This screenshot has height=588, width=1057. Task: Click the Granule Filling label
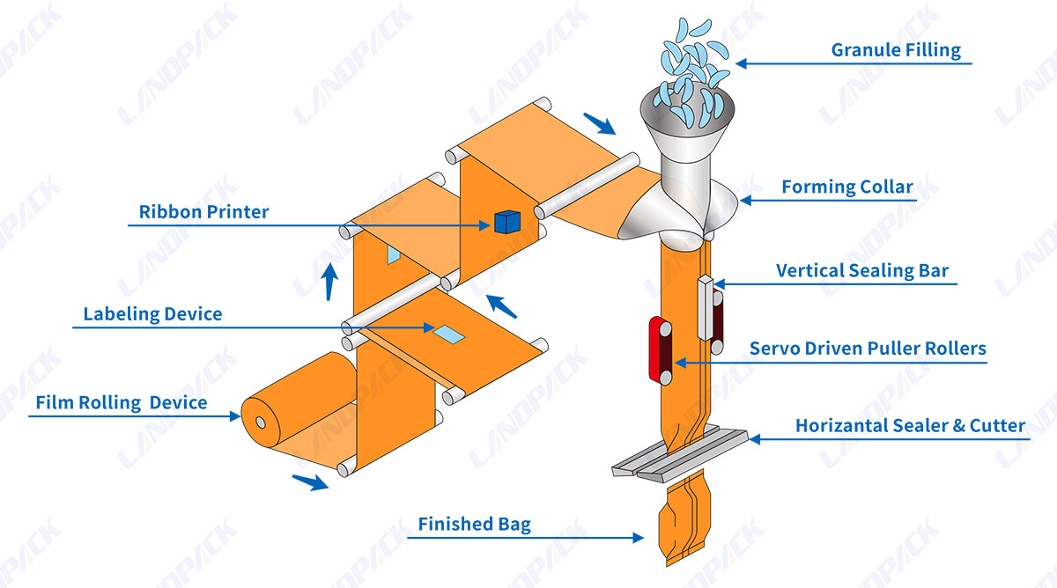pyautogui.click(x=896, y=50)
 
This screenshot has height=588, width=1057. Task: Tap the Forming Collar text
pyautogui.click(x=847, y=187)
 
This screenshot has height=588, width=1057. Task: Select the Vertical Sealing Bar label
pyautogui.click(x=862, y=270)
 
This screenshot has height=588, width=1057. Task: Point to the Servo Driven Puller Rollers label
pyautogui.click(x=868, y=349)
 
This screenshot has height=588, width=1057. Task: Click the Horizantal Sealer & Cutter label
pyautogui.click(x=910, y=426)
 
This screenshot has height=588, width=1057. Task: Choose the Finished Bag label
pyautogui.click(x=474, y=525)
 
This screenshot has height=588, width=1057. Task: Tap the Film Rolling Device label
pyautogui.click(x=122, y=403)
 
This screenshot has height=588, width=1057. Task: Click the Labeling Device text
pyautogui.click(x=152, y=314)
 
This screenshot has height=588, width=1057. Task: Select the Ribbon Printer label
pyautogui.click(x=203, y=212)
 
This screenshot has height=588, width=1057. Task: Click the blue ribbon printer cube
pyautogui.click(x=507, y=222)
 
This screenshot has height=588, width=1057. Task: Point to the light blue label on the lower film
pyautogui.click(x=448, y=334)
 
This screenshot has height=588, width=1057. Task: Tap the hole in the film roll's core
pyautogui.click(x=261, y=423)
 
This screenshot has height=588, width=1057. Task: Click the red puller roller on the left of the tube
pyautogui.click(x=660, y=350)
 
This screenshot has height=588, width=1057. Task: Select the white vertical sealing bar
pyautogui.click(x=706, y=307)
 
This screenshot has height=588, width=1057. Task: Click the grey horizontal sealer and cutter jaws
pyautogui.click(x=680, y=454)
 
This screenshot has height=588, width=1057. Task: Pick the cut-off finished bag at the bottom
pyautogui.click(x=684, y=518)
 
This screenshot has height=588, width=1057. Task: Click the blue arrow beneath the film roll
pyautogui.click(x=310, y=482)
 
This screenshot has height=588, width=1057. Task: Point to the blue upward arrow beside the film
pyautogui.click(x=329, y=282)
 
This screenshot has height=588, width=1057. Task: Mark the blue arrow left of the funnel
pyautogui.click(x=599, y=123)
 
